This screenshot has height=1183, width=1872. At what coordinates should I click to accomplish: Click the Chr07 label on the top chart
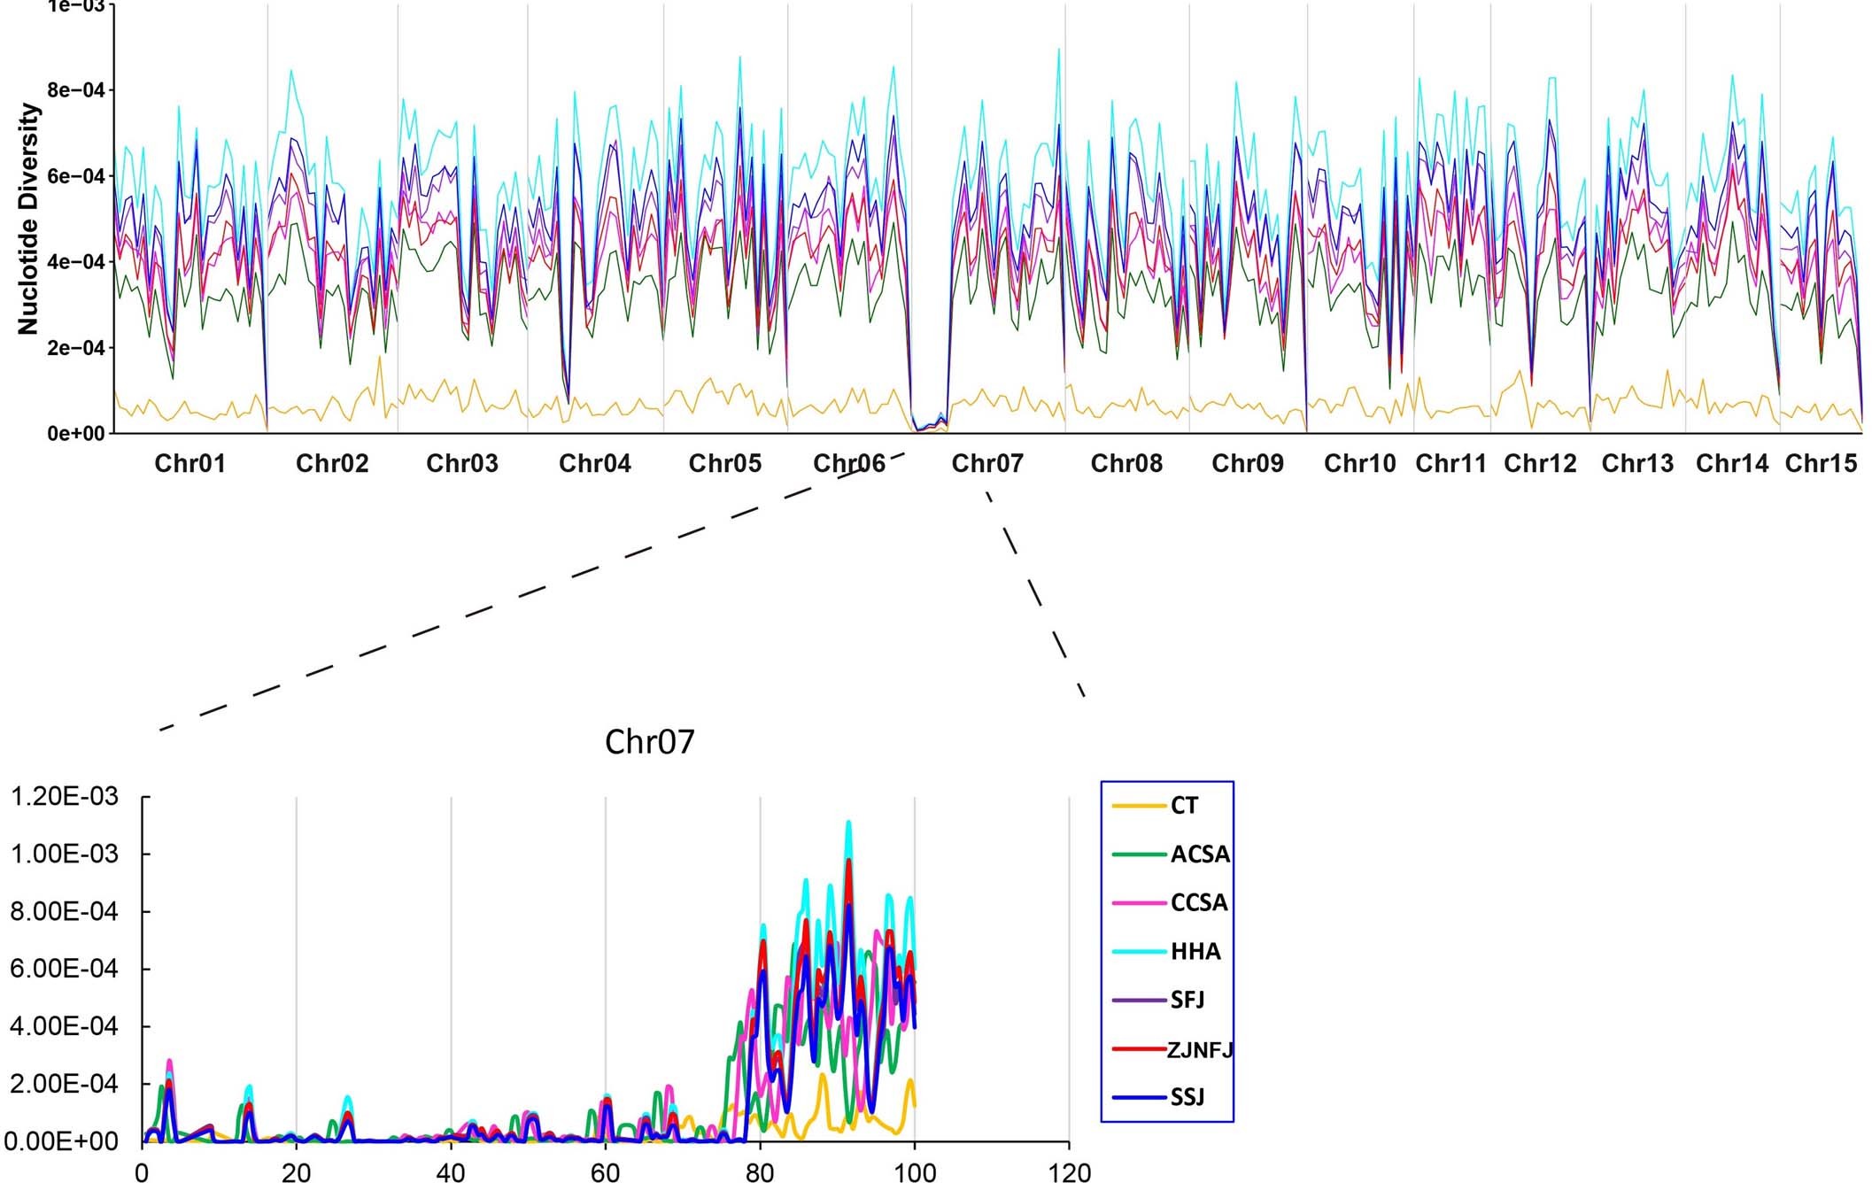point(986,463)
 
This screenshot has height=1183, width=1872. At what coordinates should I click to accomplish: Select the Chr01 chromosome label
point(190,463)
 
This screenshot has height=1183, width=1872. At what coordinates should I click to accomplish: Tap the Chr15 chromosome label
point(1821,463)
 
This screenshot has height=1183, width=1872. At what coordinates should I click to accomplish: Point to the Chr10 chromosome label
point(1359,463)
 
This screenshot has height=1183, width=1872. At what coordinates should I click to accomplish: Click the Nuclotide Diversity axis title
point(28,219)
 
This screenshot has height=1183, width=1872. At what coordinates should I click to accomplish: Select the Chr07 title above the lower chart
point(649,742)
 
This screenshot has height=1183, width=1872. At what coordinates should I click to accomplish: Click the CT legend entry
point(1183,806)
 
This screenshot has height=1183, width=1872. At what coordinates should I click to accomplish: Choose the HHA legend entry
point(1195,952)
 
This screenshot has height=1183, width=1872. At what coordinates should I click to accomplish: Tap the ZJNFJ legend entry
point(1199,1050)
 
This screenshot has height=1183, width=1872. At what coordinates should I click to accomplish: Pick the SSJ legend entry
point(1187,1098)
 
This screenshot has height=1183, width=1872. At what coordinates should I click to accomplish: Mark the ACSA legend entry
point(1199,854)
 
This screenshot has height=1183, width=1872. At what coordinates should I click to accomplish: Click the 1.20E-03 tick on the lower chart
point(62,797)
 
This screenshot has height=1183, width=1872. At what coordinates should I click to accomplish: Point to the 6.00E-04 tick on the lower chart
point(62,969)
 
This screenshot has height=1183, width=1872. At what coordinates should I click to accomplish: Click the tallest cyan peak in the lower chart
point(848,823)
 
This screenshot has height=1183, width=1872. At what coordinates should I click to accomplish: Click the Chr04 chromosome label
point(594,463)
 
